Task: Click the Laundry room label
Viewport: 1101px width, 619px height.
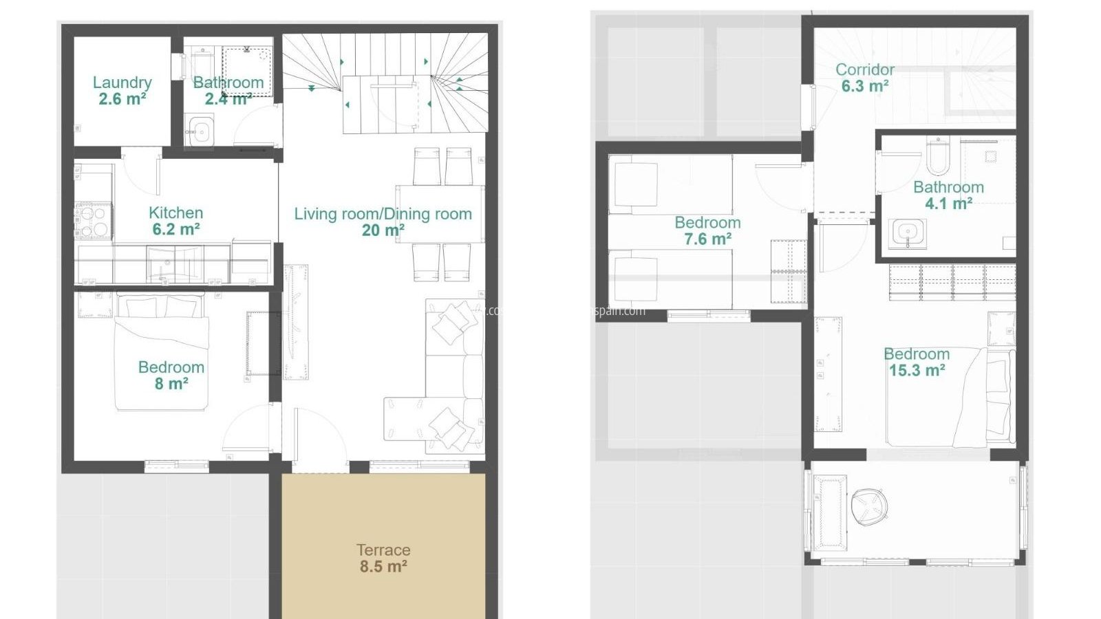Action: pyautogui.click(x=122, y=83)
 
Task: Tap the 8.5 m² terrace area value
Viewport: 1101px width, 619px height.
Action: pyautogui.click(x=383, y=567)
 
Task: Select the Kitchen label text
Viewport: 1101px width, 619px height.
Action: pyautogui.click(x=175, y=213)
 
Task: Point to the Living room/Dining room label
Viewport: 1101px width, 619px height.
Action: pyautogui.click(x=383, y=214)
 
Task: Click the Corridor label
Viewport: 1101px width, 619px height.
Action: pyautogui.click(x=865, y=69)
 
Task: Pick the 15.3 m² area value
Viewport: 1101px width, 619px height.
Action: pyautogui.click(x=917, y=371)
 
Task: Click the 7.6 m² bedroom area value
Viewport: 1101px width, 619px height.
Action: pyautogui.click(x=707, y=239)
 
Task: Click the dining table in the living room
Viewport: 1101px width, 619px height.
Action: pyautogui.click(x=440, y=213)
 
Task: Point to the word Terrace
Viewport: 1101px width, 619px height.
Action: pyautogui.click(x=383, y=550)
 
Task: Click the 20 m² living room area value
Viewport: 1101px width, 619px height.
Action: pyautogui.click(x=383, y=231)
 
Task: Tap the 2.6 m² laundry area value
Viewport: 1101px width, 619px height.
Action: pyautogui.click(x=122, y=99)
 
